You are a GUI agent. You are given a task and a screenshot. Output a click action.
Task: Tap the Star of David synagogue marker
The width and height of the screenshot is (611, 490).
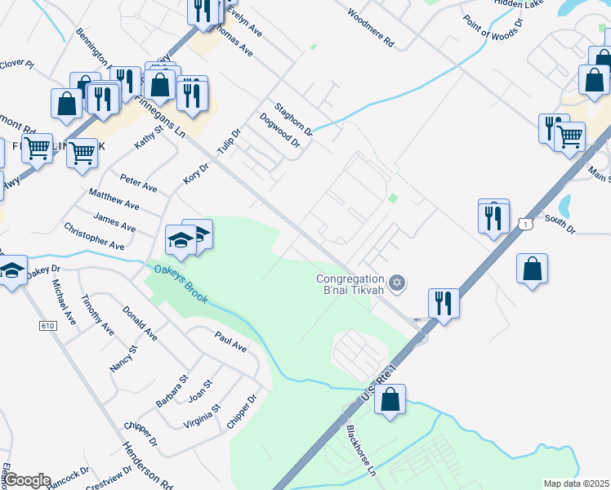[x=398, y=283]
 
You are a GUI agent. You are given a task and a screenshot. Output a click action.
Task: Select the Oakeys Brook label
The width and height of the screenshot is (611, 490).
[x=177, y=283]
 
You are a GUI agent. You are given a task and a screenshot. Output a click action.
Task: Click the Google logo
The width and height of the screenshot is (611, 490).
[x=27, y=479]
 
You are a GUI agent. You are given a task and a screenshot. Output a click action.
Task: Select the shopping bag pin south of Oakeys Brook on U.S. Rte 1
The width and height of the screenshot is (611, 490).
[x=390, y=400]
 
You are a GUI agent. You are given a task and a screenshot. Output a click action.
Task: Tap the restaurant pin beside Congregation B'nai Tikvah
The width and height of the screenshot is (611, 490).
[x=443, y=303]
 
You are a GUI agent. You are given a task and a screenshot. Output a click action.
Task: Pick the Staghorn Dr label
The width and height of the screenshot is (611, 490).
[x=293, y=118]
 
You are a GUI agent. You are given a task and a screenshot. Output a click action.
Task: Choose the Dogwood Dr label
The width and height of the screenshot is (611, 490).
[x=280, y=131]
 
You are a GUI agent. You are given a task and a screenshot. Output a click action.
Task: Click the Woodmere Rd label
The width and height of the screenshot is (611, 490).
[x=370, y=27]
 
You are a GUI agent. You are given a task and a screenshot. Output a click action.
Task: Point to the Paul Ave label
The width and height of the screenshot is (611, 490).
[x=230, y=341]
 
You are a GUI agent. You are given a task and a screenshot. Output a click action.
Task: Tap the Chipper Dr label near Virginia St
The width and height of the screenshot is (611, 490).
[x=242, y=412]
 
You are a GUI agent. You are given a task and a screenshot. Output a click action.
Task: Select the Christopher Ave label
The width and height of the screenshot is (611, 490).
[x=94, y=237]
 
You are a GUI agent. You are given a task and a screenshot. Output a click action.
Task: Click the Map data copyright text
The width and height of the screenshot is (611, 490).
[x=577, y=483]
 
